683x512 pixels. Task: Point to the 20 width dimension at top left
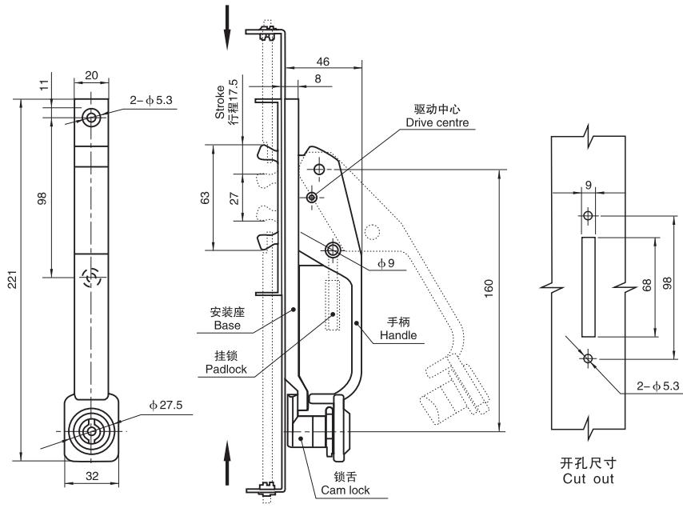tap(91, 75)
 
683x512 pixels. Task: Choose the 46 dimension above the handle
tap(323, 61)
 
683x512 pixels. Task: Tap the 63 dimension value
tap(206, 197)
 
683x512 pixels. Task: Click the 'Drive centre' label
tap(437, 122)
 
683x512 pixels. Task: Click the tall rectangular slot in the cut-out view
tap(588, 286)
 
